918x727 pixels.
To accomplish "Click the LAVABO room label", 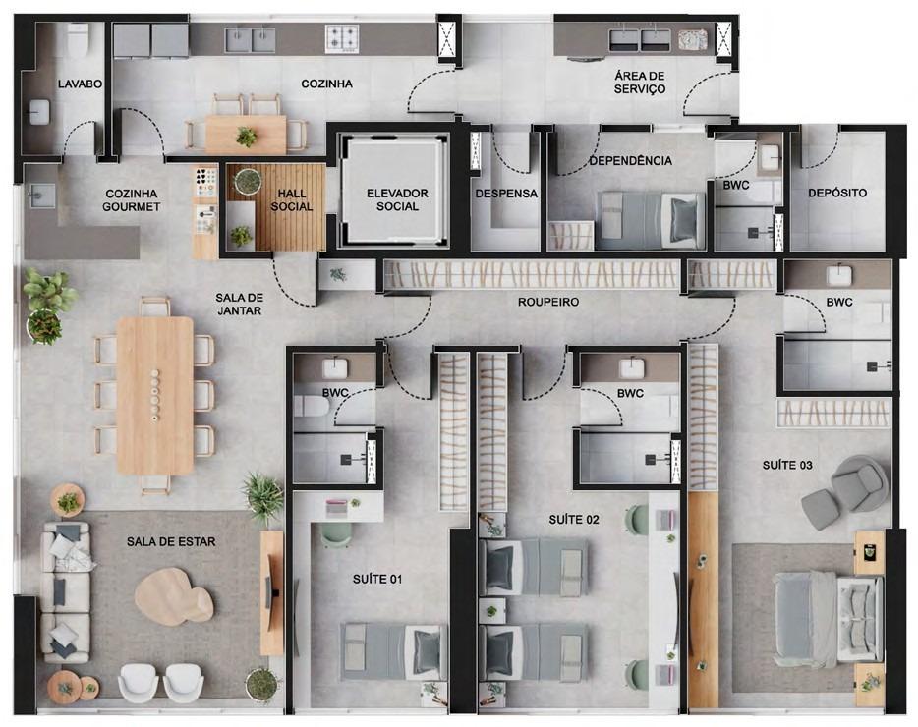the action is click(80, 84).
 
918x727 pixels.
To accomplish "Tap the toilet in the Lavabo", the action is click(78, 40).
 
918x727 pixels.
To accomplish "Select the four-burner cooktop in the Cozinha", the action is click(342, 38).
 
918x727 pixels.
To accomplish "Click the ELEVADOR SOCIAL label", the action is click(397, 199).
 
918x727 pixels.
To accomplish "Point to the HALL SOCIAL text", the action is click(292, 199).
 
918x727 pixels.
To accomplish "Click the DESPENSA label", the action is click(506, 194).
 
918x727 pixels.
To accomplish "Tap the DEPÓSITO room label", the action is click(837, 193).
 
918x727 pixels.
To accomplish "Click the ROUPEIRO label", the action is click(548, 302).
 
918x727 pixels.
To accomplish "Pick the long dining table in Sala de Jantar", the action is click(154, 396).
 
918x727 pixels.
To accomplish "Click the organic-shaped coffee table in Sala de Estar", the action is click(173, 597).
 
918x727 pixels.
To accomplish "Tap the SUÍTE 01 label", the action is click(377, 579).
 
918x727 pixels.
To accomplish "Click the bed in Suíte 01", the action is click(393, 651).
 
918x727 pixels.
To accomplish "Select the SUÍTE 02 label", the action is click(574, 519).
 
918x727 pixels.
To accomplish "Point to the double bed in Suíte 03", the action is click(829, 620).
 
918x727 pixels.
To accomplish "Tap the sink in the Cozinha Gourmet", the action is click(41, 195).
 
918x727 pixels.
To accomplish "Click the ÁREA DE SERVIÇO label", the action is click(639, 83).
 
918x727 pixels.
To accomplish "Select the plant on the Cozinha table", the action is click(246, 137).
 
